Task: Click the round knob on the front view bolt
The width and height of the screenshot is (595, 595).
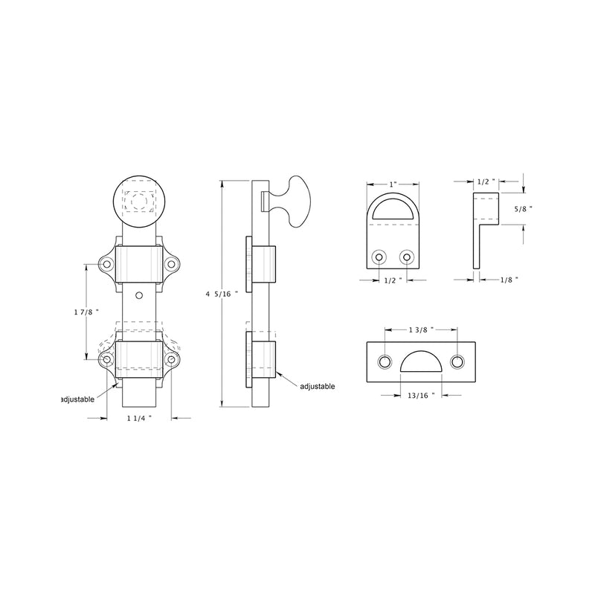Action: click(x=139, y=201)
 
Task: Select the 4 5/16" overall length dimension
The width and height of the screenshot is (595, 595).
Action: click(x=222, y=295)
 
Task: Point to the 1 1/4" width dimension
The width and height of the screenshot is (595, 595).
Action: click(x=138, y=418)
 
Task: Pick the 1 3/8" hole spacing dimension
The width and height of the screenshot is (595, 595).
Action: click(x=421, y=328)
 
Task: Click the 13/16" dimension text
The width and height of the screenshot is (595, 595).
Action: click(x=421, y=394)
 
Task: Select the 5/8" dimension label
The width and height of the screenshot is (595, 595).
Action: click(x=525, y=210)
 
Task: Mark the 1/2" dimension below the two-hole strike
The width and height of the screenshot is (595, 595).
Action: click(x=393, y=280)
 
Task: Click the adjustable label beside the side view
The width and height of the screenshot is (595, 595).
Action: click(x=318, y=386)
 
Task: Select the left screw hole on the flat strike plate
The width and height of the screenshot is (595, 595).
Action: click(x=385, y=361)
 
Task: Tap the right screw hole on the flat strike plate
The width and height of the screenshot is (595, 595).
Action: click(x=457, y=361)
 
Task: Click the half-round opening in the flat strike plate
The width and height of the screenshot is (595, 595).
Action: click(x=421, y=362)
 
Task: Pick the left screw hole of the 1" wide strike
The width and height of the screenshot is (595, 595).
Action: click(x=380, y=257)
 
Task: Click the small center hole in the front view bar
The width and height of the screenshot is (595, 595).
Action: click(x=138, y=295)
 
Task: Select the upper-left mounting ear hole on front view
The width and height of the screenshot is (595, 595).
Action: click(x=106, y=263)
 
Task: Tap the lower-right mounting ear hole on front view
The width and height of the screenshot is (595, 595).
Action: click(x=172, y=360)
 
